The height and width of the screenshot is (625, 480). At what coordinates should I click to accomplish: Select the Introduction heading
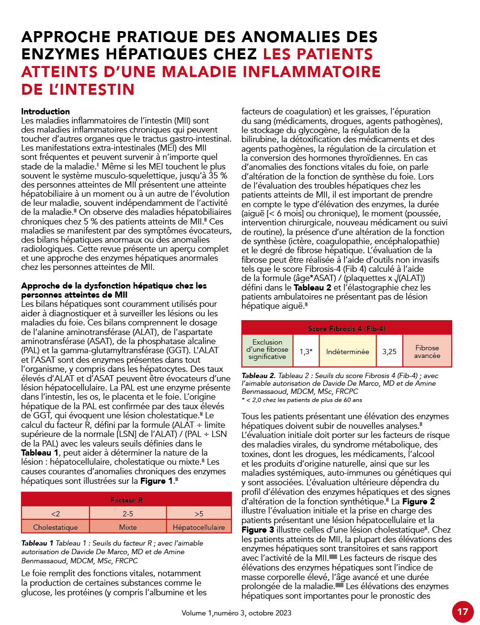(46, 112)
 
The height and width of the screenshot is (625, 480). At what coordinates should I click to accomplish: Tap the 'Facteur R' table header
(126, 500)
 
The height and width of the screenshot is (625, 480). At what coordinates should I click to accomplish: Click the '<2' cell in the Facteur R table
(56, 513)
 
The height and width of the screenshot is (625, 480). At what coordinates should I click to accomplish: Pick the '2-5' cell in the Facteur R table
(128, 513)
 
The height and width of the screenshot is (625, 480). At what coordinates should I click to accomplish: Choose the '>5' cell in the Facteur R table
(199, 513)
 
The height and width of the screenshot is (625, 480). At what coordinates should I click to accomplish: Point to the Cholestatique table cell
(56, 527)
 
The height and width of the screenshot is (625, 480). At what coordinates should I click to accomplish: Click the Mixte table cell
(128, 527)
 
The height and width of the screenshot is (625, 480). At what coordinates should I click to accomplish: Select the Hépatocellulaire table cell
(199, 527)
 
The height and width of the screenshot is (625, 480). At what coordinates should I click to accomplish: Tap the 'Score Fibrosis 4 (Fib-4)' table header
(346, 328)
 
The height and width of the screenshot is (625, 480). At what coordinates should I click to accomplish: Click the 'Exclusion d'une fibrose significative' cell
(267, 349)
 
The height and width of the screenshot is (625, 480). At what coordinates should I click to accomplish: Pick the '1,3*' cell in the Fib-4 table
(306, 351)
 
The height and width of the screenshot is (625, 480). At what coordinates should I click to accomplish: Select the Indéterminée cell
(348, 351)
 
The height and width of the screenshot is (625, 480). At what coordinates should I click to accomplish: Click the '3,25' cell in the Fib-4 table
(389, 351)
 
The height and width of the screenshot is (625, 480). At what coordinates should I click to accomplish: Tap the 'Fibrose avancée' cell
(427, 351)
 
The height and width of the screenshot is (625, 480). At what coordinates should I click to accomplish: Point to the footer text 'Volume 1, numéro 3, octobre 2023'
(236, 613)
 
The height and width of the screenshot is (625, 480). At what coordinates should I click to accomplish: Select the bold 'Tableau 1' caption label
(37, 543)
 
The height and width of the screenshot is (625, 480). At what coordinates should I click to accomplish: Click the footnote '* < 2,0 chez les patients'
(302, 400)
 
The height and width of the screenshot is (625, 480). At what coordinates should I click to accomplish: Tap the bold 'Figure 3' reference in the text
(258, 530)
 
